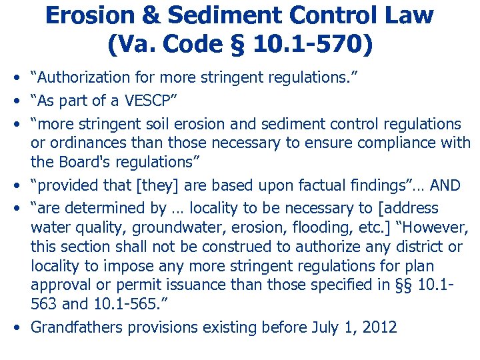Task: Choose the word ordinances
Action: click(83, 143)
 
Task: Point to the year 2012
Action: click(381, 328)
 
